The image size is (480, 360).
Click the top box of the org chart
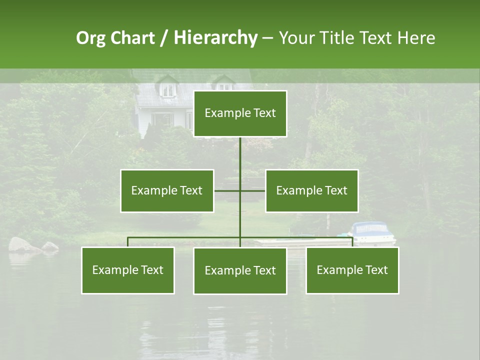pos(240,113)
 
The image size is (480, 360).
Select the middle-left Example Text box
pos(167,190)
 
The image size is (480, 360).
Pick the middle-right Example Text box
pos(311,190)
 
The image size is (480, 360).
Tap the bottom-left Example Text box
pos(128,270)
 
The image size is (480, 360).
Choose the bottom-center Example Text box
pos(240,270)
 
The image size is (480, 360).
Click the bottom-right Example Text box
pos(352,270)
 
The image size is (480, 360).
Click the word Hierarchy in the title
pos(215,38)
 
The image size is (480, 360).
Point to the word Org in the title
pos(90,38)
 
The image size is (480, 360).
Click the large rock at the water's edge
pos(21,244)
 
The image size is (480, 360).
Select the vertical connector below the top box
pos(240,155)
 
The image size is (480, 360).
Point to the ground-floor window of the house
pos(163,120)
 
